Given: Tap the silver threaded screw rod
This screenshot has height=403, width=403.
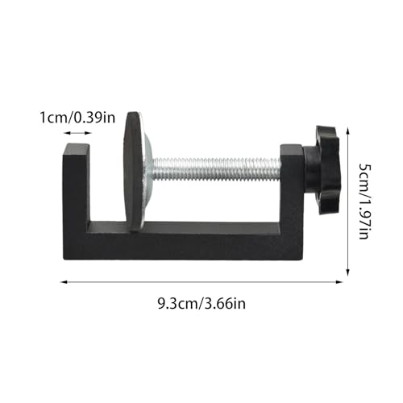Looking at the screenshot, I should point(218,168).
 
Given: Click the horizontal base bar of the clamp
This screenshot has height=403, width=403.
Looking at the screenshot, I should point(185,241).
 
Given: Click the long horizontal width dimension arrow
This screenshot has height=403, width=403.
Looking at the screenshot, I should point(201,280).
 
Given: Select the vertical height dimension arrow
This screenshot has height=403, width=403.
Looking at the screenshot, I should point(348,201).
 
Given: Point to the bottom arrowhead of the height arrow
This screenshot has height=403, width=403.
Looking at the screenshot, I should point(348,274).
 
